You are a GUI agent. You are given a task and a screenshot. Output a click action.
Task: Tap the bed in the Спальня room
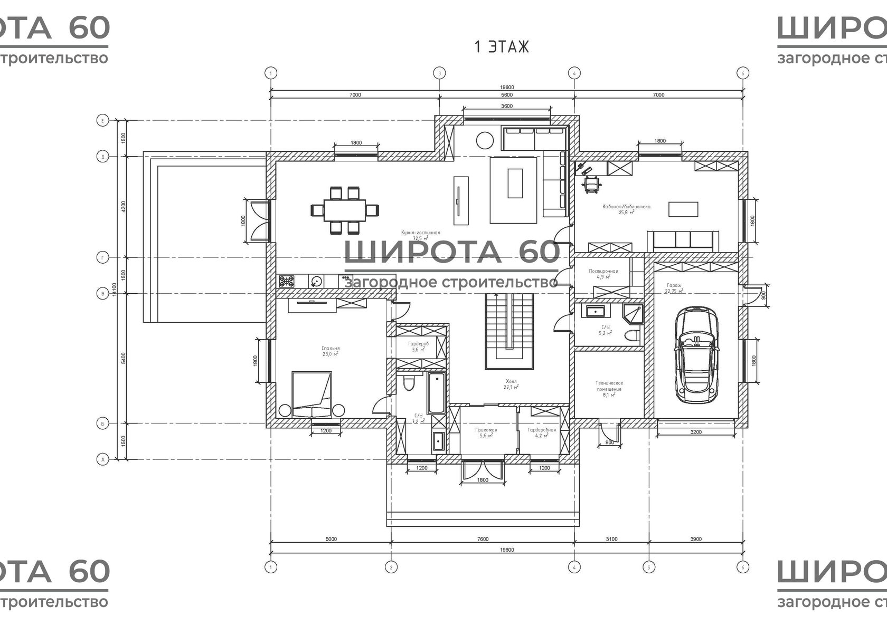312,394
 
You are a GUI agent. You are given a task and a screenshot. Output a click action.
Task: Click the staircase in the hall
509,331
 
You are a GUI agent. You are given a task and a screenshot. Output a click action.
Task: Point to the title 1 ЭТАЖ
502,47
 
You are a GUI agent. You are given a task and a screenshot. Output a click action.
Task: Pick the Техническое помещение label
610,386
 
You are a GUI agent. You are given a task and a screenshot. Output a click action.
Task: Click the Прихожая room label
486,430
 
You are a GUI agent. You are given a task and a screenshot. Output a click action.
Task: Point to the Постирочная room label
603,271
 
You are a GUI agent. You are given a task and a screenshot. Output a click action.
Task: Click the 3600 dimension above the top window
506,106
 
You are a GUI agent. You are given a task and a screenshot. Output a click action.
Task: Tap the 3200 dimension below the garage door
696,432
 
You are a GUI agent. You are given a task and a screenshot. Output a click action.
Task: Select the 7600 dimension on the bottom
482,539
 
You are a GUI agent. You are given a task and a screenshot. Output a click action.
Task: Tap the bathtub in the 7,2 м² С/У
436,393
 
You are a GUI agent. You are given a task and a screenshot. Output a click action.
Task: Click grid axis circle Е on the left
102,121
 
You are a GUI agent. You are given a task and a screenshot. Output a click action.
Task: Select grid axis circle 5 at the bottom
649,567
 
